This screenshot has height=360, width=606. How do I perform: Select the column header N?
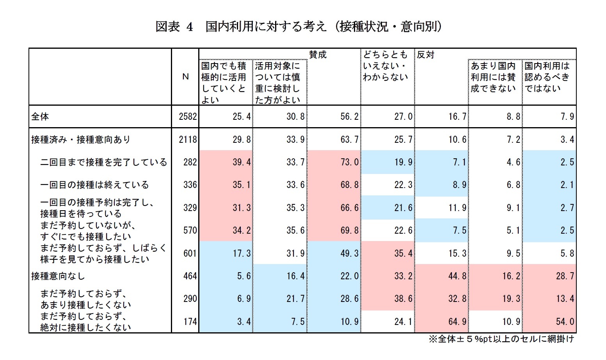click(x=186, y=77)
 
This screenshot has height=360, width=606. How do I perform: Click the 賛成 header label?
click(x=317, y=55)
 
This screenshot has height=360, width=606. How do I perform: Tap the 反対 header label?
click(x=425, y=55)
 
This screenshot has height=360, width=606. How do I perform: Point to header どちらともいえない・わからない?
click(x=385, y=66)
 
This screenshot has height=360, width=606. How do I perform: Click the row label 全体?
click(x=40, y=117)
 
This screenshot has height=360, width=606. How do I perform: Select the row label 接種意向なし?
click(x=58, y=276)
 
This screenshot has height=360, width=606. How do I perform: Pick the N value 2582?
click(x=188, y=117)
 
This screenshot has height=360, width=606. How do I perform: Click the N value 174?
click(x=190, y=322)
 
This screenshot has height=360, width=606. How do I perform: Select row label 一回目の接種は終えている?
click(x=94, y=185)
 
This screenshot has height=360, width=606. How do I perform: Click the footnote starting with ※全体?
click(x=501, y=339)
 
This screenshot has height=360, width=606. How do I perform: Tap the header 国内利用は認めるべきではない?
click(x=547, y=77)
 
